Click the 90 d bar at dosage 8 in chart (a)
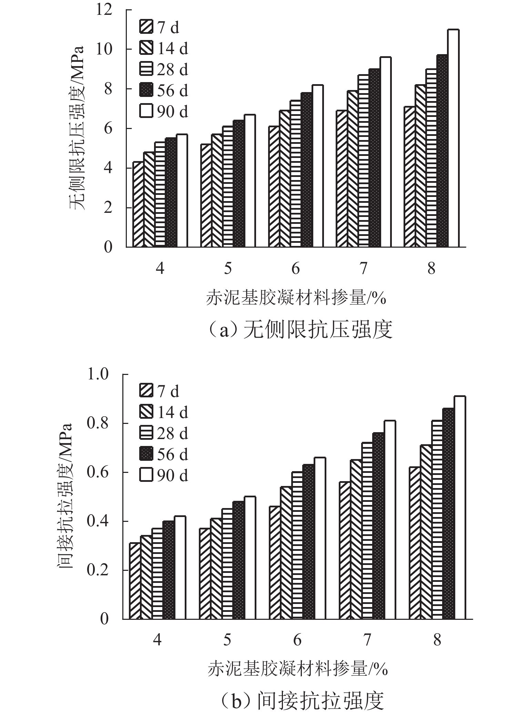(x=453, y=138)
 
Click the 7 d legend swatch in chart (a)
(x=146, y=28)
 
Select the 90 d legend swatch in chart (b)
(x=146, y=476)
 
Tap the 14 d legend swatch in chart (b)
(x=146, y=413)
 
